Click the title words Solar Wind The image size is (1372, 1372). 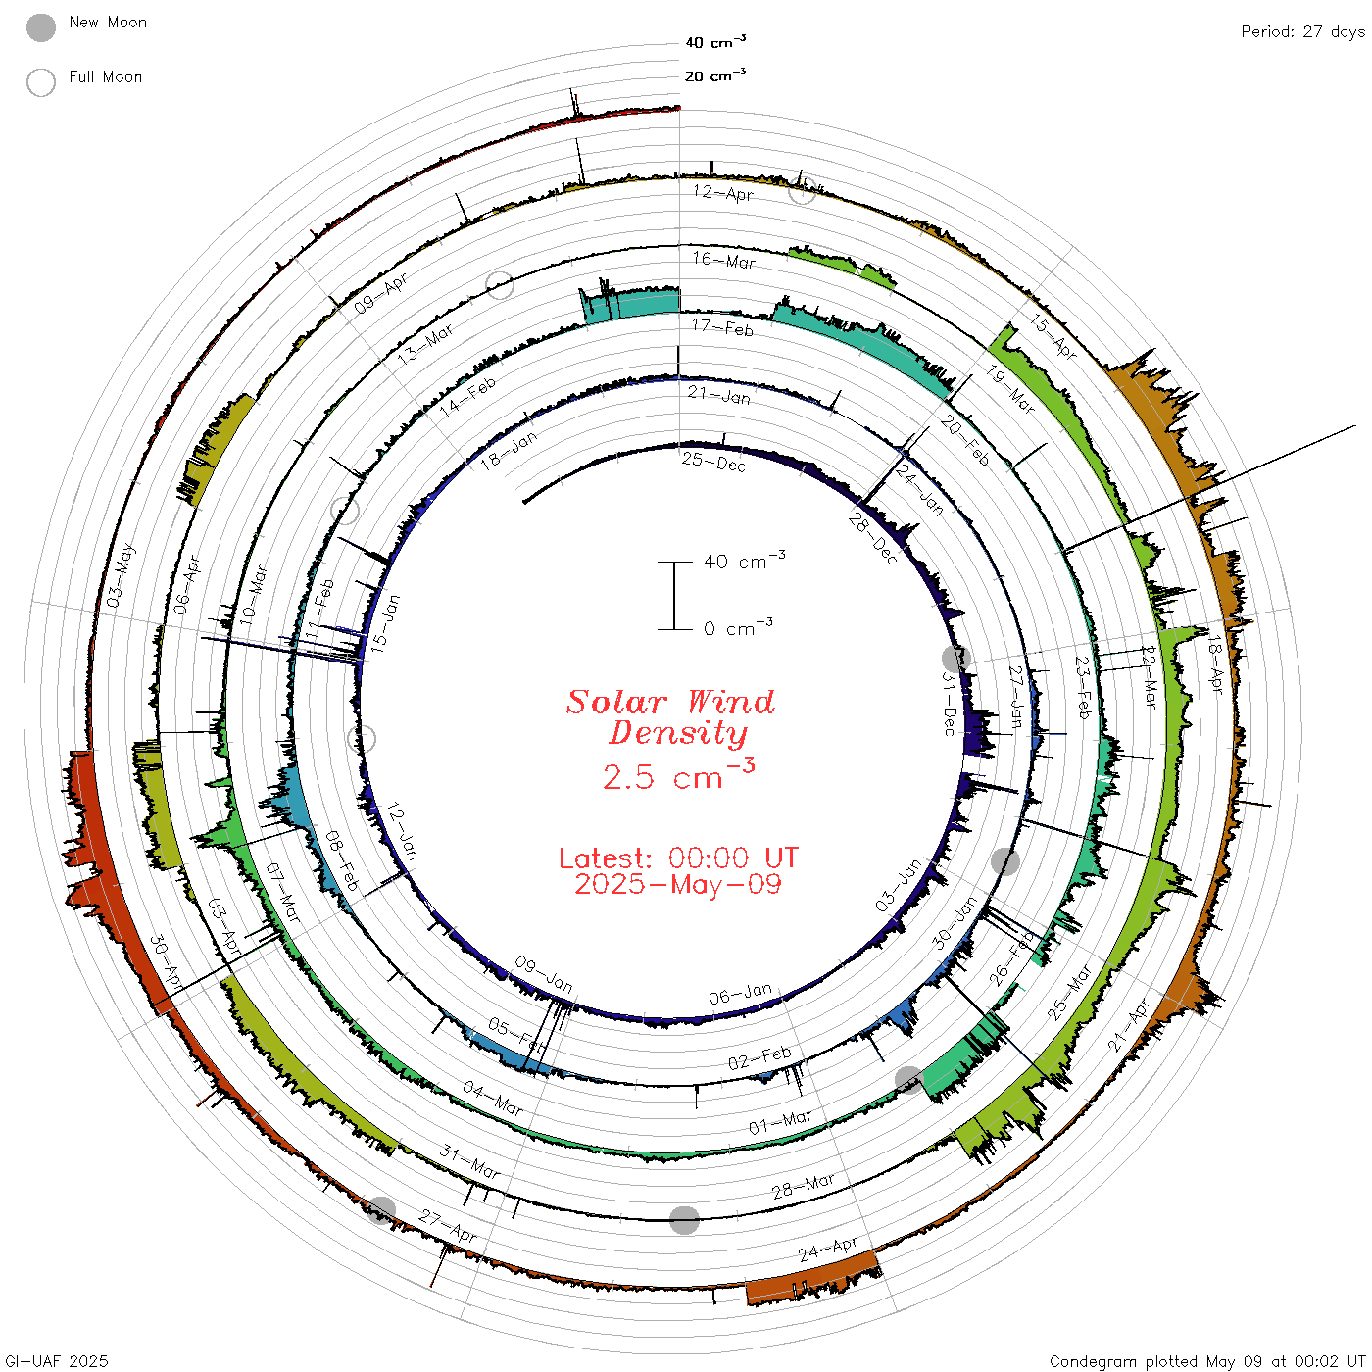point(670,702)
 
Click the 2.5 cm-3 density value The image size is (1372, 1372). point(678,775)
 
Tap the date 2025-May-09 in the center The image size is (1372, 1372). point(678,885)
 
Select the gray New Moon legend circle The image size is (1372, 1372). point(41,27)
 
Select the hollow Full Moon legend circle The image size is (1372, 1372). point(41,82)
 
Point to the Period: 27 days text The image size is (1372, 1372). point(1302,32)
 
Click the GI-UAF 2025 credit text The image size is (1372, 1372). point(57,1361)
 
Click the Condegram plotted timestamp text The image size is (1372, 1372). point(1206,1361)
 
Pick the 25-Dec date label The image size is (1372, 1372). point(713,461)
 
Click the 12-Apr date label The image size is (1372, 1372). point(723,192)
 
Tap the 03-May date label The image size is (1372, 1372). point(122,576)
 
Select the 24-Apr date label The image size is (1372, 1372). point(828,1249)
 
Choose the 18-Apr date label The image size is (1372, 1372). point(1215,664)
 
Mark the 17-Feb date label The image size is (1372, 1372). point(722,327)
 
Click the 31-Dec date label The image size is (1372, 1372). point(949,703)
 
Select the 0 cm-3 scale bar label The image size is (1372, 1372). point(738,628)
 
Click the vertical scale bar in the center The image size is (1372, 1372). point(674,596)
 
